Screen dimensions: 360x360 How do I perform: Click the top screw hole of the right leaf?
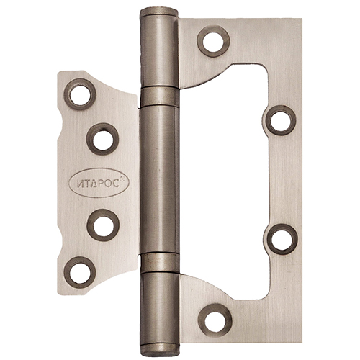[x=213, y=41]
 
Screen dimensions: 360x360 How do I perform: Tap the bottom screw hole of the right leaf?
[x=215, y=320]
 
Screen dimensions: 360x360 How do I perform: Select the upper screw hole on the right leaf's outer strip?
[x=280, y=120]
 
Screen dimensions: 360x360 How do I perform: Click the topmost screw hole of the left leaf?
[x=80, y=94]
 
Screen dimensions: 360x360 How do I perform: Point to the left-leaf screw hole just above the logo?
[x=102, y=139]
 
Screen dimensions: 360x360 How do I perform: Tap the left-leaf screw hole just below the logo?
[x=103, y=225]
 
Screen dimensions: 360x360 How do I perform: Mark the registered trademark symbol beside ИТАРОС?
[x=122, y=179]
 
